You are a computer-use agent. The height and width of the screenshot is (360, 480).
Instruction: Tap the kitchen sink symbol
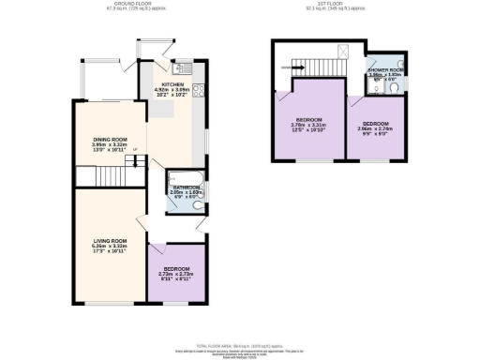(x=181, y=67)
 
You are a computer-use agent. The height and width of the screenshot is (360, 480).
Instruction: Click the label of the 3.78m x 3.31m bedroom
(x=309, y=121)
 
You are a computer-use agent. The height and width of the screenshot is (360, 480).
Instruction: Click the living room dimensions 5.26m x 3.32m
(x=110, y=247)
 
